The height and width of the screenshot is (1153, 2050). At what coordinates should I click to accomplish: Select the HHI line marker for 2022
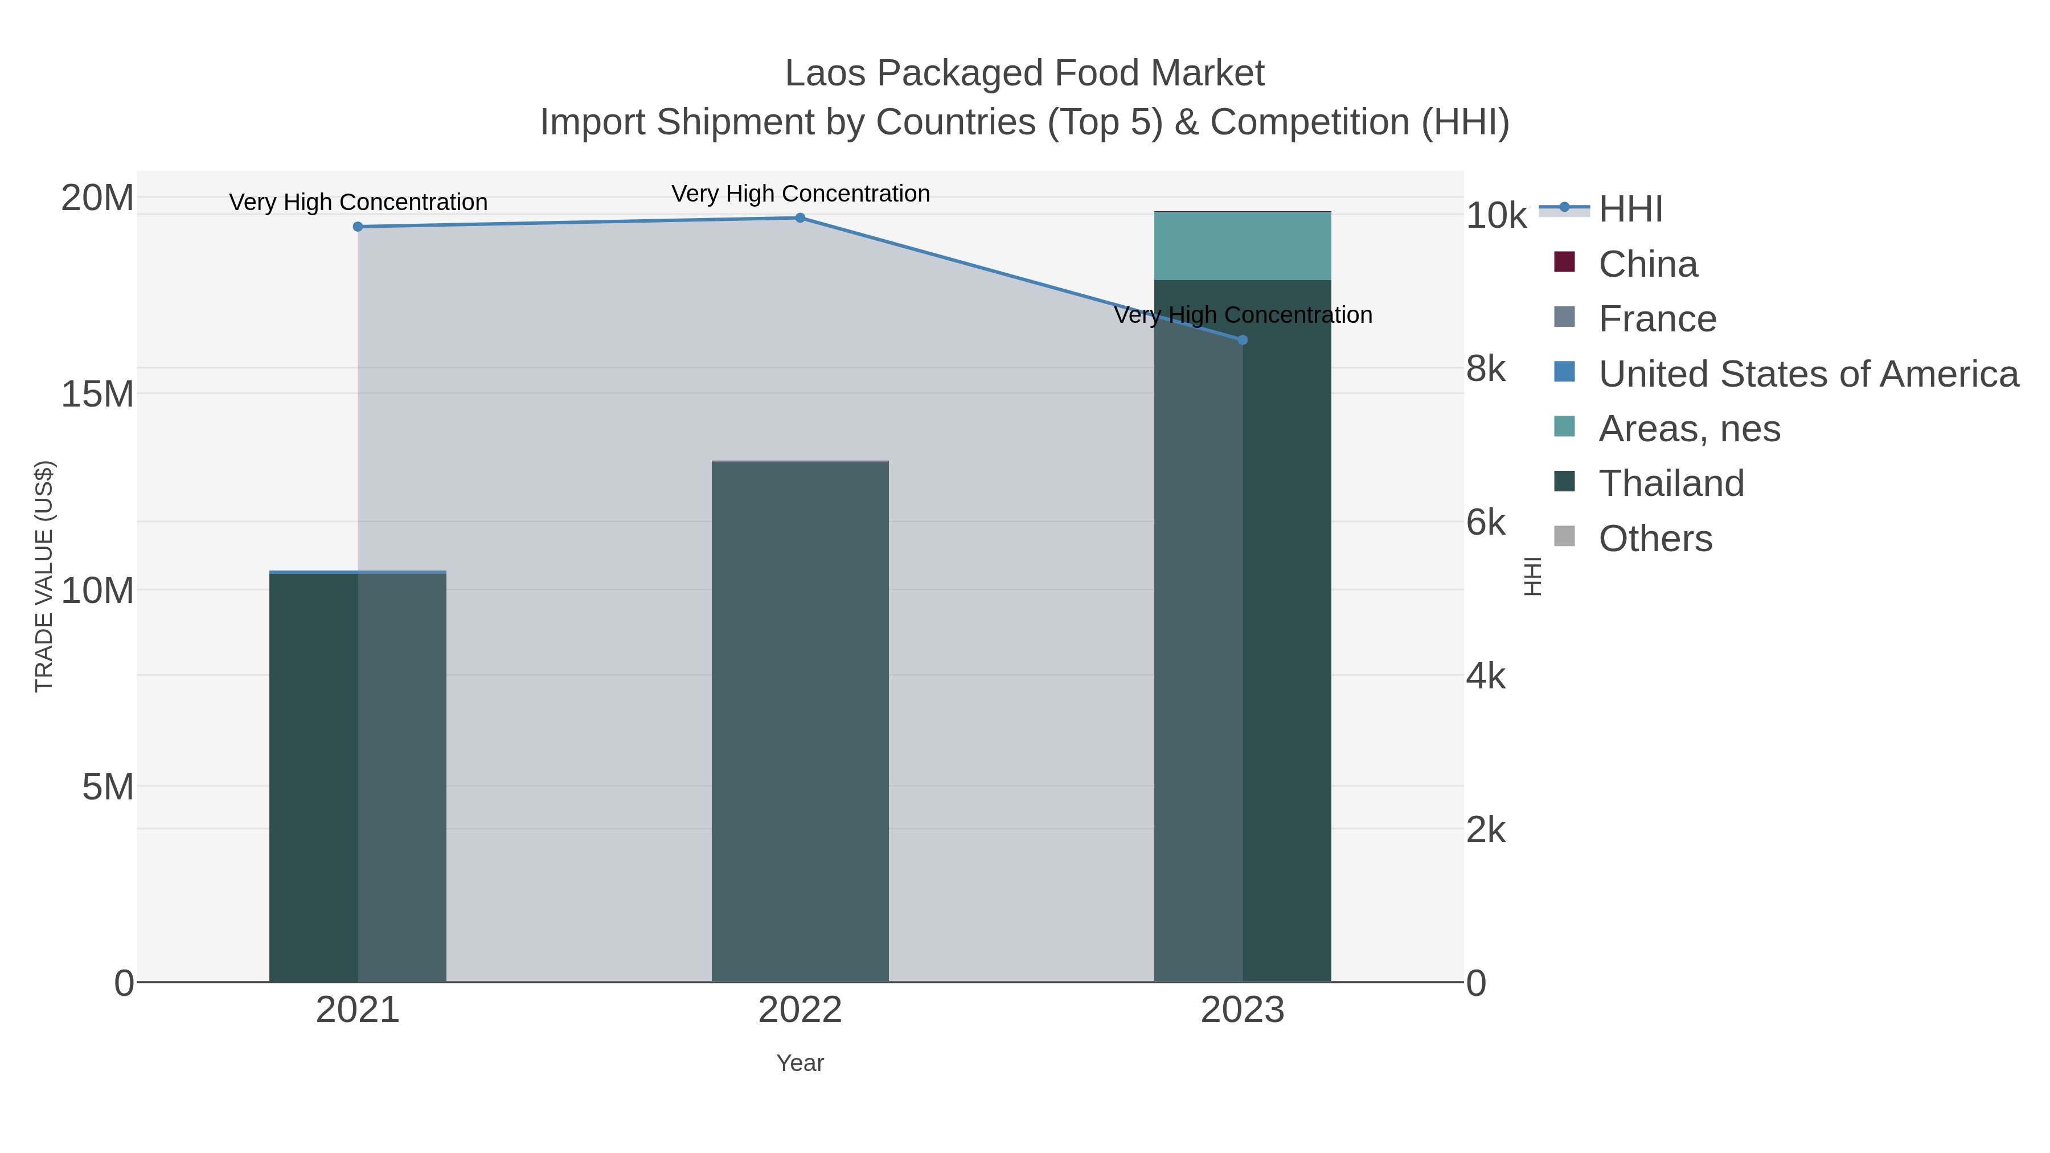[800, 218]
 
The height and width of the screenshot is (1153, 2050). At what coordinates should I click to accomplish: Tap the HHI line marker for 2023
[1243, 340]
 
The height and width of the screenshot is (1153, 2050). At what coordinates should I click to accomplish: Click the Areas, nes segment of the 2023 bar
[1243, 246]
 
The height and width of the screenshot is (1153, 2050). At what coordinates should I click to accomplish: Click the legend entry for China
[1647, 264]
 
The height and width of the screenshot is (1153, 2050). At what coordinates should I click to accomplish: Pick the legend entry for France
[1657, 319]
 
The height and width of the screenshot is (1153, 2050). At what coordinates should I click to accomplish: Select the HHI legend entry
[1630, 210]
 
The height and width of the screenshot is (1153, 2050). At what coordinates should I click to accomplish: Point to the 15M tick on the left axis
[97, 394]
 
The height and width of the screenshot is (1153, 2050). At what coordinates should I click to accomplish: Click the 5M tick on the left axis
[108, 787]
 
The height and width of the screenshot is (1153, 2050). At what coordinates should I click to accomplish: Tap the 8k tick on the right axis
[1485, 369]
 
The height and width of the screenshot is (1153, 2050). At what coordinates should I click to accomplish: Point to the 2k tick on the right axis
[1485, 830]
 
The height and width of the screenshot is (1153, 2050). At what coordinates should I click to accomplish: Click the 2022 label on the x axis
[800, 1011]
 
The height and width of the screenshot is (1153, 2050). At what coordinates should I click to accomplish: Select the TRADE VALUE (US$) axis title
[44, 576]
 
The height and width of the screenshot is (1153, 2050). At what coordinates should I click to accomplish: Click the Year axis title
[800, 1063]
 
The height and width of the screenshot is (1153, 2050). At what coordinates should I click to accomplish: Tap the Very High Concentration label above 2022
[800, 194]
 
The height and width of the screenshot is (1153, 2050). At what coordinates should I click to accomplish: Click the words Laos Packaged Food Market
[1024, 73]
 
